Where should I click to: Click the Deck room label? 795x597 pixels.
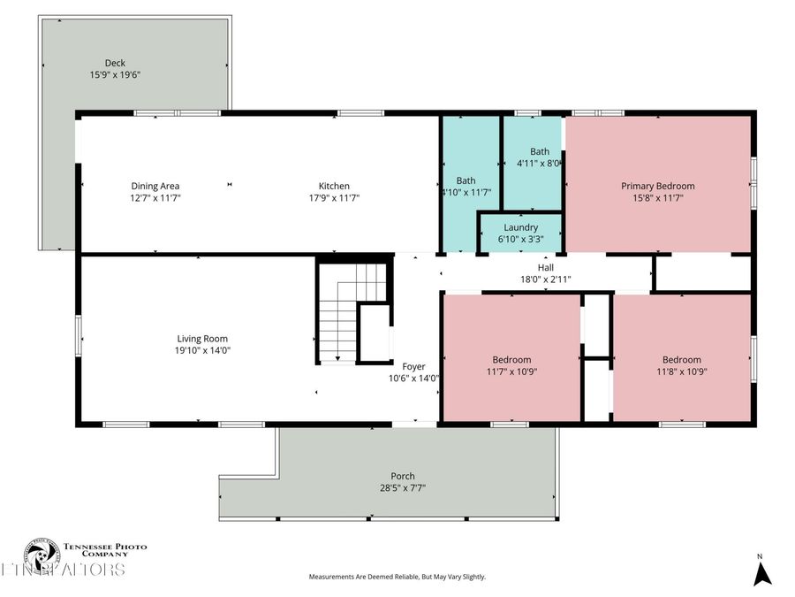click(x=115, y=63)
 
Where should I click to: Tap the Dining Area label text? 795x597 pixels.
click(x=155, y=186)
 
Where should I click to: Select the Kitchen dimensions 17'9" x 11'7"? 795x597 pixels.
click(x=334, y=198)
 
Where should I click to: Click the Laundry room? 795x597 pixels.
click(x=520, y=233)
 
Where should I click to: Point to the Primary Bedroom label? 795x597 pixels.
click(x=657, y=186)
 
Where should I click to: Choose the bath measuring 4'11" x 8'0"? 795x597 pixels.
click(x=539, y=157)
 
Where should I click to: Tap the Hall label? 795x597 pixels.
click(x=545, y=267)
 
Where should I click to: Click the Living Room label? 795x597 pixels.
click(x=202, y=339)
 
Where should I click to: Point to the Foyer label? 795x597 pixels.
click(x=413, y=366)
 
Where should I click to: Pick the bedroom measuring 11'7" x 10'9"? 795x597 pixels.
click(x=511, y=365)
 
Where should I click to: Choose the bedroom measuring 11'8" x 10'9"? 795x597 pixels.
click(x=681, y=365)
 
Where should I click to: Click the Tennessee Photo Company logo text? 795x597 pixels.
click(x=104, y=550)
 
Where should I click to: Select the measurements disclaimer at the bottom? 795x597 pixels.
click(x=397, y=577)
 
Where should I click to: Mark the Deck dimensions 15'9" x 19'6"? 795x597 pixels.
click(x=115, y=75)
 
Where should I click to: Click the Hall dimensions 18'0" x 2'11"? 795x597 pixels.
click(x=545, y=279)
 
